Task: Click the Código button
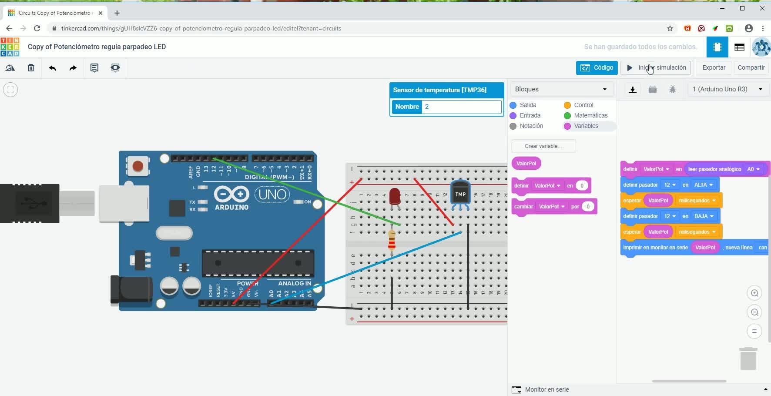[x=597, y=68]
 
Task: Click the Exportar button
[x=714, y=68]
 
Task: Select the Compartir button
[x=751, y=68]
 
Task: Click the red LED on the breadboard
[x=395, y=197]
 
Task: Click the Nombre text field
[x=462, y=107]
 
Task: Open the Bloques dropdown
[x=561, y=89]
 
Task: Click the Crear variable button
[x=543, y=146]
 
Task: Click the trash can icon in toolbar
[x=31, y=68]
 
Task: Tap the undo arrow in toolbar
[x=53, y=68]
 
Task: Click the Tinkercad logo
[x=10, y=47]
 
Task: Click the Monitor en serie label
[x=546, y=389]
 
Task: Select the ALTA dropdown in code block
[x=703, y=185]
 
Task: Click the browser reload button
[x=37, y=28]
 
